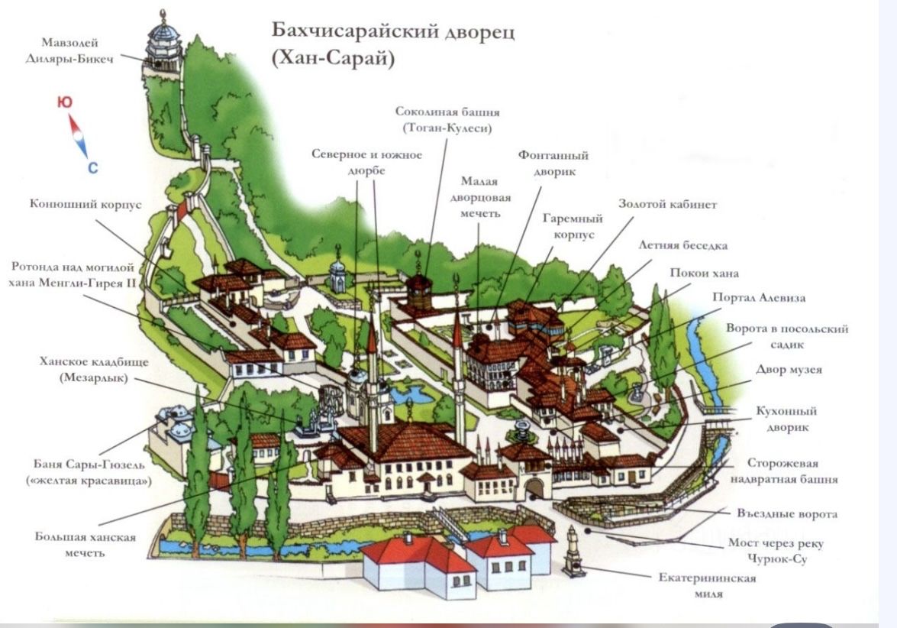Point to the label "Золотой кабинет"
[667, 205]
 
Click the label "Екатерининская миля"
[707, 584]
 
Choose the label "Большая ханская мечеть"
[85, 544]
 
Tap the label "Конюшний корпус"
[86, 205]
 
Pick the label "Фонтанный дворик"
[553, 163]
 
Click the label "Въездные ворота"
[787, 513]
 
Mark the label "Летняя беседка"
[683, 246]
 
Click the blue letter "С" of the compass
[92, 168]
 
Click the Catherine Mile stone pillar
[573, 552]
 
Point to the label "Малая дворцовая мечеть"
[479, 197]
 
